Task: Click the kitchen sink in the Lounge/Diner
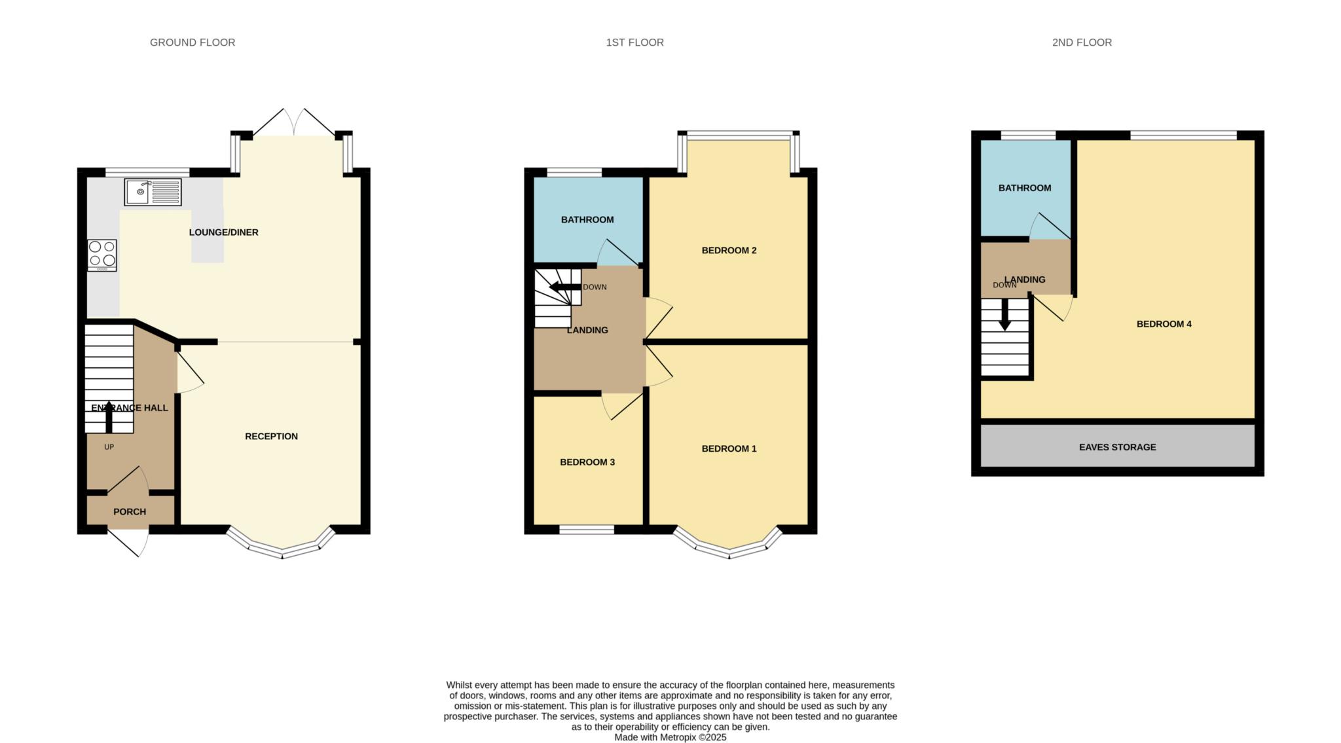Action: coord(153,192)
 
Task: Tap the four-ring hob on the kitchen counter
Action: coord(102,255)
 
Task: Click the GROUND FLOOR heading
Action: coord(193,43)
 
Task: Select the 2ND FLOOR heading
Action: coord(1082,43)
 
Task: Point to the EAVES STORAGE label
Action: coord(1117,447)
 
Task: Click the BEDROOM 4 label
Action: coord(1164,324)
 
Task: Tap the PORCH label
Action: coord(130,512)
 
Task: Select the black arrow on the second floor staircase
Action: coord(1004,316)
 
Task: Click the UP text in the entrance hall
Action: coord(109,447)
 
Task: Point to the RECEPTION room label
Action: coord(271,437)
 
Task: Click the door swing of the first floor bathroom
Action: coord(615,254)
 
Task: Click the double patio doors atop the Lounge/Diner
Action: coord(294,123)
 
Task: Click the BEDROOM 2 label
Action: coord(729,251)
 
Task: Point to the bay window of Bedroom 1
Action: coord(729,549)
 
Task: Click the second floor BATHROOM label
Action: coord(1025,188)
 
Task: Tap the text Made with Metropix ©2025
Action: coord(670,737)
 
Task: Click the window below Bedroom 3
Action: coord(586,530)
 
